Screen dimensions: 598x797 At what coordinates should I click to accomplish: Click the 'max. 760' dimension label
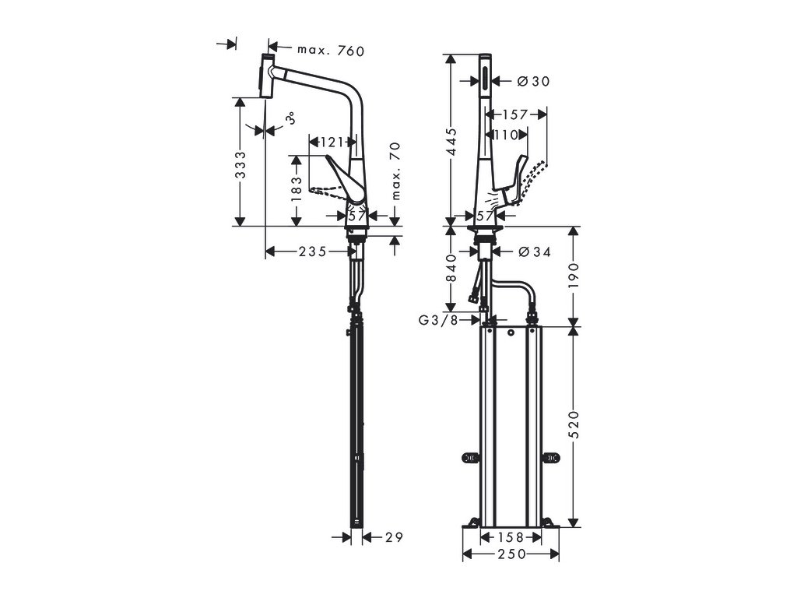tap(330, 51)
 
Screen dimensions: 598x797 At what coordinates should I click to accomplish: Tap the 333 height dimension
tap(241, 165)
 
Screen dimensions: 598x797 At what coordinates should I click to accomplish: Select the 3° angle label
tap(290, 119)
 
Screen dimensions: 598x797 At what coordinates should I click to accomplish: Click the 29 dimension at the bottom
tap(393, 537)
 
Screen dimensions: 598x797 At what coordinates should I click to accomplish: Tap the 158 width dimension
tap(511, 537)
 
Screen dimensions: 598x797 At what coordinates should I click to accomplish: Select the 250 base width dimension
tap(511, 554)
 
